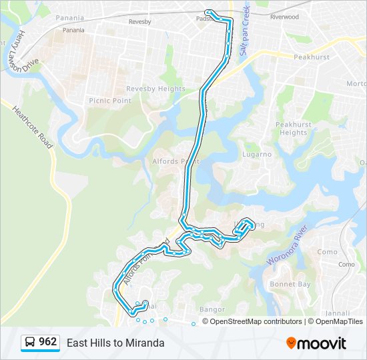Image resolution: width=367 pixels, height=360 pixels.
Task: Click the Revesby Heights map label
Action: click(x=156, y=89)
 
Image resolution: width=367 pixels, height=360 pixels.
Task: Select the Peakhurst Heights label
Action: click(x=293, y=129)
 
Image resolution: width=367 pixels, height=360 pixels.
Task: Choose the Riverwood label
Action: click(x=284, y=17)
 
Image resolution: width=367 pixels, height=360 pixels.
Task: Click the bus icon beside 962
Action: click(x=30, y=343)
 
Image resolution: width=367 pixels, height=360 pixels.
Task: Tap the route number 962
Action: click(x=48, y=342)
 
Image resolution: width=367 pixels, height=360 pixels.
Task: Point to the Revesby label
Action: click(x=139, y=22)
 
